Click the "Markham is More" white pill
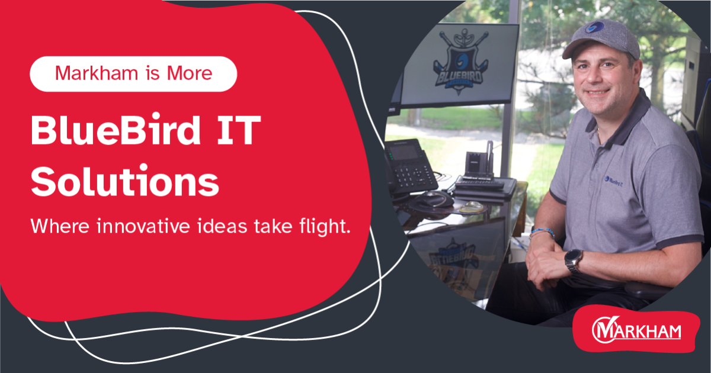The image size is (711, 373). pos(133,74)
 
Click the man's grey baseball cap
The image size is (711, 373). pos(601,38)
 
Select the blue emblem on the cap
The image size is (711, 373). pos(594,27)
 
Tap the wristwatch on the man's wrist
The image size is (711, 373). pos(573,261)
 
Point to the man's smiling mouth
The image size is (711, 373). pos(598,92)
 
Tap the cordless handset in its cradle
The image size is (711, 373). pos(489,159)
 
